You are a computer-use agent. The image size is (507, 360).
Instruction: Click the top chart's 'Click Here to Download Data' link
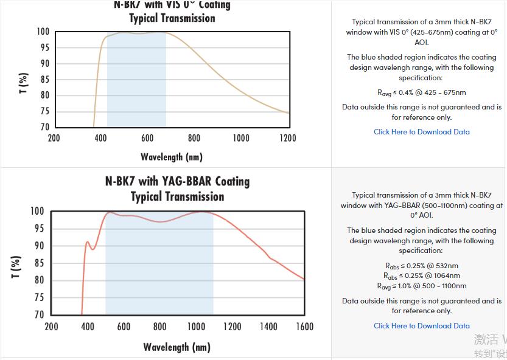click(x=421, y=131)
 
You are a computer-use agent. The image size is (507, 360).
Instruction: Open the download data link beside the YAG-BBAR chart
click(x=421, y=325)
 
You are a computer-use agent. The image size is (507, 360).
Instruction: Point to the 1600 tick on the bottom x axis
click(x=304, y=327)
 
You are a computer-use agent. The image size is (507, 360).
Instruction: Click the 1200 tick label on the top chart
click(x=287, y=138)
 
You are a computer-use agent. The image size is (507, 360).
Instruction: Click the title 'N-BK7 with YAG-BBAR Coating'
click(x=177, y=181)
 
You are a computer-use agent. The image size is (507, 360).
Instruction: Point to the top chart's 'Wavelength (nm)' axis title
click(x=171, y=157)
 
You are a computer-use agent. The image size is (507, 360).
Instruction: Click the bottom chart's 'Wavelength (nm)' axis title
click(x=177, y=347)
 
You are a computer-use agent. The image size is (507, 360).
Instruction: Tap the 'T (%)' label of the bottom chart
click(x=16, y=267)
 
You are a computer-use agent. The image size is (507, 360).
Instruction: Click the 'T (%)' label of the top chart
click(x=23, y=83)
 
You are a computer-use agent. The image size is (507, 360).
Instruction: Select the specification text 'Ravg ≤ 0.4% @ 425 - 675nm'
click(x=421, y=92)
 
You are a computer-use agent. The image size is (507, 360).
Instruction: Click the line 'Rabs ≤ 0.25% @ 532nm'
click(x=421, y=265)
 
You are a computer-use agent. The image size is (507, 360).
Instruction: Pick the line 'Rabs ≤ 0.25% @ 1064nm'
click(x=421, y=275)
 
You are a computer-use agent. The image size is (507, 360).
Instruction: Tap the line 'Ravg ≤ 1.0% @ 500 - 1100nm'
click(x=421, y=286)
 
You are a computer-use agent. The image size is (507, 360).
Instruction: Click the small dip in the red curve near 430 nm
click(x=93, y=249)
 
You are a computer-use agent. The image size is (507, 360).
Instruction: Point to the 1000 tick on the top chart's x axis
click(x=241, y=138)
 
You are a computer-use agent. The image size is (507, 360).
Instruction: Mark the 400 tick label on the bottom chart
click(x=88, y=327)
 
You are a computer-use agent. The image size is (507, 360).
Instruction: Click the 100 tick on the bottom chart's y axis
click(x=38, y=212)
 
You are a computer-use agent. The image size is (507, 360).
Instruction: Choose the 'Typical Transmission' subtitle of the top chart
click(x=172, y=18)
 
